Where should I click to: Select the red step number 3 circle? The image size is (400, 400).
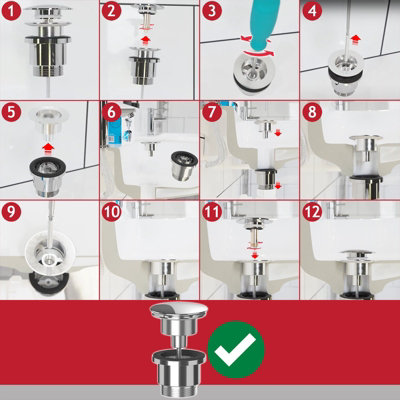point(211,12)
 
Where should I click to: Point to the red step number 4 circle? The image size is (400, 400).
point(311,12)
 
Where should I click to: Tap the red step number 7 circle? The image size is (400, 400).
point(211,111)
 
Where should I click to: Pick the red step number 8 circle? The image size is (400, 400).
point(311,111)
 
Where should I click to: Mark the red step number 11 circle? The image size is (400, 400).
point(211,212)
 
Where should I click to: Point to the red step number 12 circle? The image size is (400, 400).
point(311,212)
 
